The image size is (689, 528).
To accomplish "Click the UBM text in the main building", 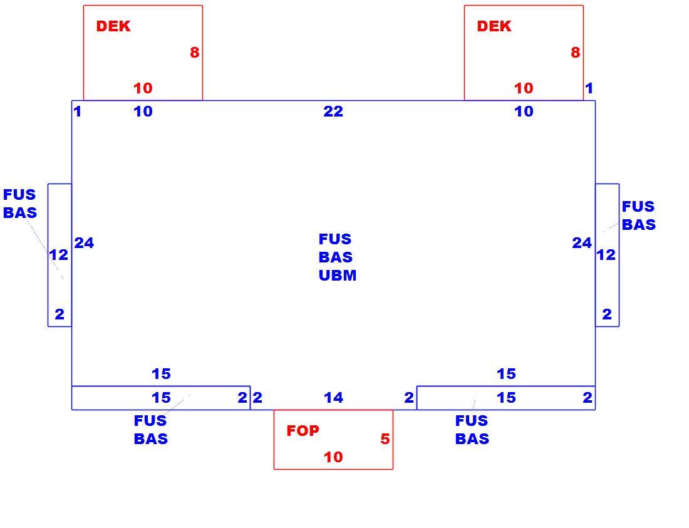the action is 338,276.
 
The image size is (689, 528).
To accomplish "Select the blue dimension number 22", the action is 333,111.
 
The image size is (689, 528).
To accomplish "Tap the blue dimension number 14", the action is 333,398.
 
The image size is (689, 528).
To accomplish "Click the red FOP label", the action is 303,431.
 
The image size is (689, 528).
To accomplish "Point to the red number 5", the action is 385,439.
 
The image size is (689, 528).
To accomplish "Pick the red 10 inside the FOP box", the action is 333,457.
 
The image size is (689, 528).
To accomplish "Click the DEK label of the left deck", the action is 113,26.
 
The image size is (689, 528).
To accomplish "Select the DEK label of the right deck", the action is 494,26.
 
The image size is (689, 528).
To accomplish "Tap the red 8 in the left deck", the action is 195,53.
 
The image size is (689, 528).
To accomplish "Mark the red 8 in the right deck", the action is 575,53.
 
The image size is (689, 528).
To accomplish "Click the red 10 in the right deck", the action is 524,88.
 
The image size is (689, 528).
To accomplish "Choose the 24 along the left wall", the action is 84,243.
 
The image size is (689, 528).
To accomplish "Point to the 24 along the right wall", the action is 582,243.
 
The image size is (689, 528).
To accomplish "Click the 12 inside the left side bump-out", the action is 58,255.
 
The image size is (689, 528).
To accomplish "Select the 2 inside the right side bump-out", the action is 607,314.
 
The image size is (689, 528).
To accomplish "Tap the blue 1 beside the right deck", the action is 589,88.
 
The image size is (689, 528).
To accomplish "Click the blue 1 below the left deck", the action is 78,111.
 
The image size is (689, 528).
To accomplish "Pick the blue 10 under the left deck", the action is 143,111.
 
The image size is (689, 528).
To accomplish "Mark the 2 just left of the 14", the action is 257,398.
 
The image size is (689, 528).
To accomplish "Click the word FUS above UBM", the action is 335,239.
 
